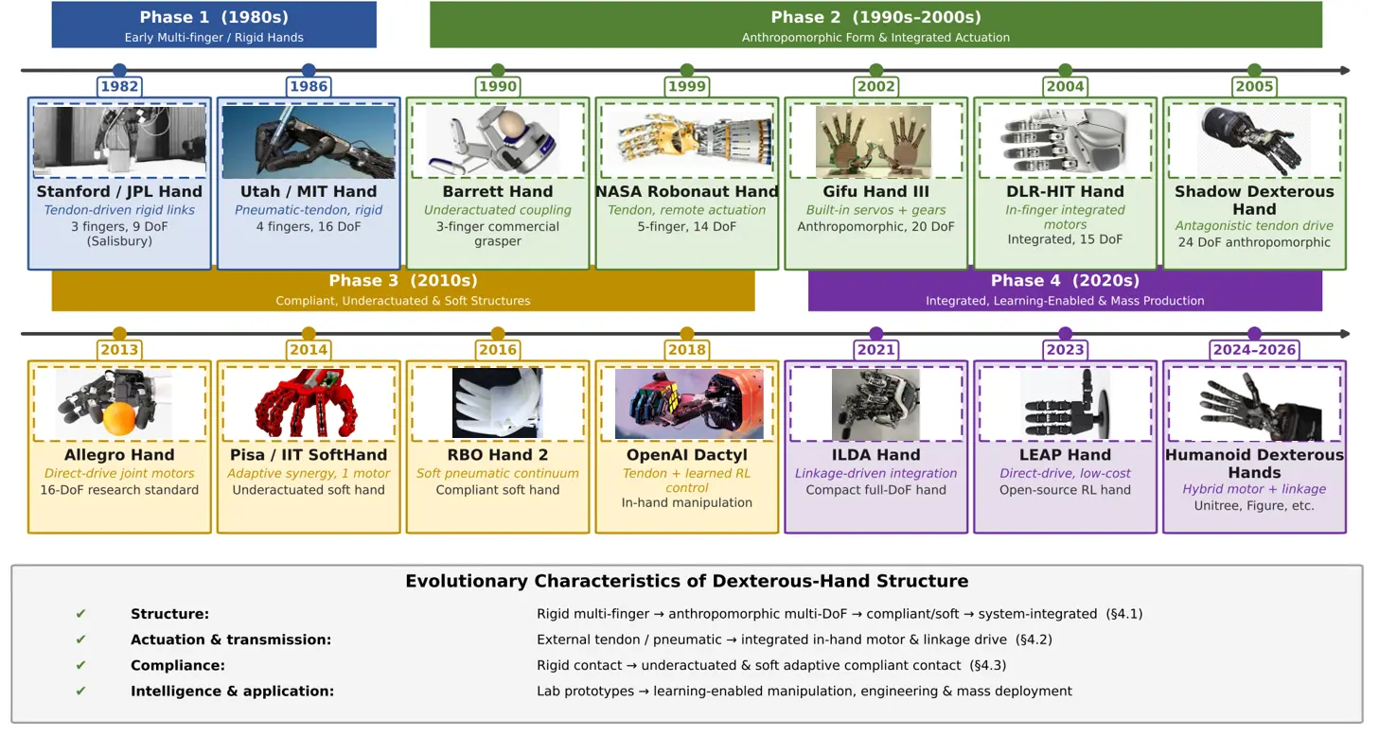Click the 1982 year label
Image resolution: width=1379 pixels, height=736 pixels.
[x=119, y=86]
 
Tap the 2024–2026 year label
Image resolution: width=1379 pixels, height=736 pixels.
[x=1254, y=349]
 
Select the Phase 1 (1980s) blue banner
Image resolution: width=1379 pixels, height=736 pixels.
[x=214, y=25]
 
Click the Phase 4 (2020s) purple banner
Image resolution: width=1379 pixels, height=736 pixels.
[x=1065, y=289]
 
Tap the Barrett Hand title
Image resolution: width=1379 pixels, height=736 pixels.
[x=498, y=191]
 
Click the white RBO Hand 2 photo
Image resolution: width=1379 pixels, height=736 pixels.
[x=498, y=403]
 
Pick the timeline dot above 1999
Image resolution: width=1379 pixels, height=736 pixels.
[x=687, y=70]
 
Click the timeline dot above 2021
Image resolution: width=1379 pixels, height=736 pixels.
[x=876, y=334]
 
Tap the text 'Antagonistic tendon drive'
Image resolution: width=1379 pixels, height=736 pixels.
[x=1254, y=226]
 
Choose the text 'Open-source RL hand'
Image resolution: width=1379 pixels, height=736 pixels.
[x=1065, y=490]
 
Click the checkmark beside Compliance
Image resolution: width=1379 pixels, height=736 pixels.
[x=80, y=665]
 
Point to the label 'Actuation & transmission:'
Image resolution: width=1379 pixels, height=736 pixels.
[x=231, y=640]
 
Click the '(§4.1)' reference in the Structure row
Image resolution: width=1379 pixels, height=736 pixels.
[x=1124, y=614]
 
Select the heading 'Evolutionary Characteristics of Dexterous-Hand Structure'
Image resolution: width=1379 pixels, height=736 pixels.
[x=687, y=581]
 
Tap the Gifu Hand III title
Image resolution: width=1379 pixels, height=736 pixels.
[x=876, y=191]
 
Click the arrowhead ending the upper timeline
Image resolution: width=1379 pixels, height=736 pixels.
[x=1345, y=70]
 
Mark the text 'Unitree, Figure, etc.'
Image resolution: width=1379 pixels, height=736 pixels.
[x=1254, y=506]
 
